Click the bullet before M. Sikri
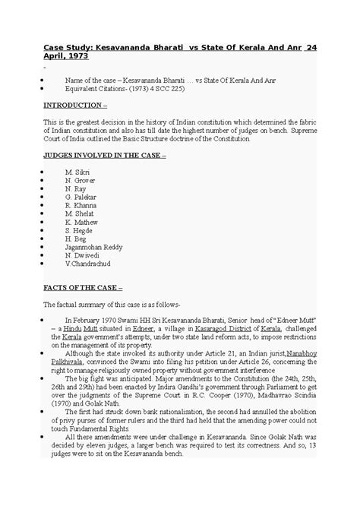coord(48,173)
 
